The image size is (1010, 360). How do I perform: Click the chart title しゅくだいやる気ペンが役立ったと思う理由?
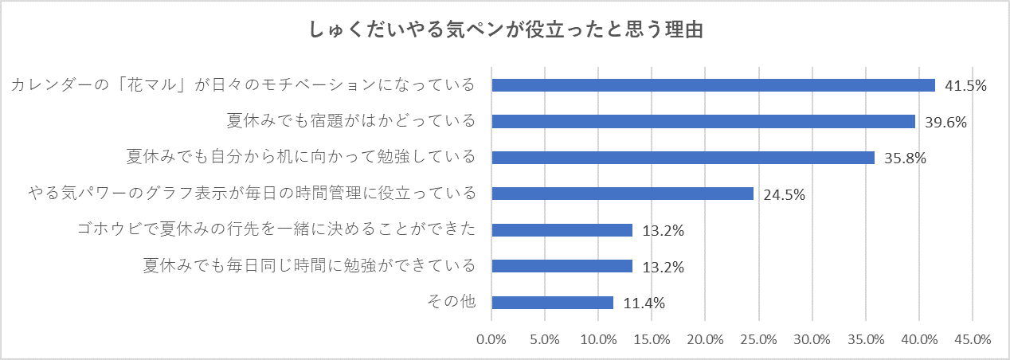click(x=505, y=30)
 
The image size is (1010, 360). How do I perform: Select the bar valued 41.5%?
click(x=713, y=85)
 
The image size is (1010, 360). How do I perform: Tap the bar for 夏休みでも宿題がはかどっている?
click(x=703, y=121)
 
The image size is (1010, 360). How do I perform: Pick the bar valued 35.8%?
click(x=683, y=158)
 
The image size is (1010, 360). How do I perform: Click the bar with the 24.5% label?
click(x=622, y=194)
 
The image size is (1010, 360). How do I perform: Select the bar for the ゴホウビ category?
click(x=562, y=230)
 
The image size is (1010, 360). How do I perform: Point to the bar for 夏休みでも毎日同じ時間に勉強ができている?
click(x=562, y=266)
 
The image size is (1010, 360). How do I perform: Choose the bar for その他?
click(x=552, y=303)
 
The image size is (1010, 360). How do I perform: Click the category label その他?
click(x=451, y=303)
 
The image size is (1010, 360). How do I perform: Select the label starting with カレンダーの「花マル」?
click(x=243, y=85)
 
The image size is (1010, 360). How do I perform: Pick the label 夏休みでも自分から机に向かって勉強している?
click(x=301, y=158)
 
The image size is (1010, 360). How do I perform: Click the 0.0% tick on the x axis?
click(x=491, y=339)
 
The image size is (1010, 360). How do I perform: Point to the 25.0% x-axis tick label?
click(x=758, y=339)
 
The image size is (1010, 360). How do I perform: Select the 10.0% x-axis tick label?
click(x=598, y=339)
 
